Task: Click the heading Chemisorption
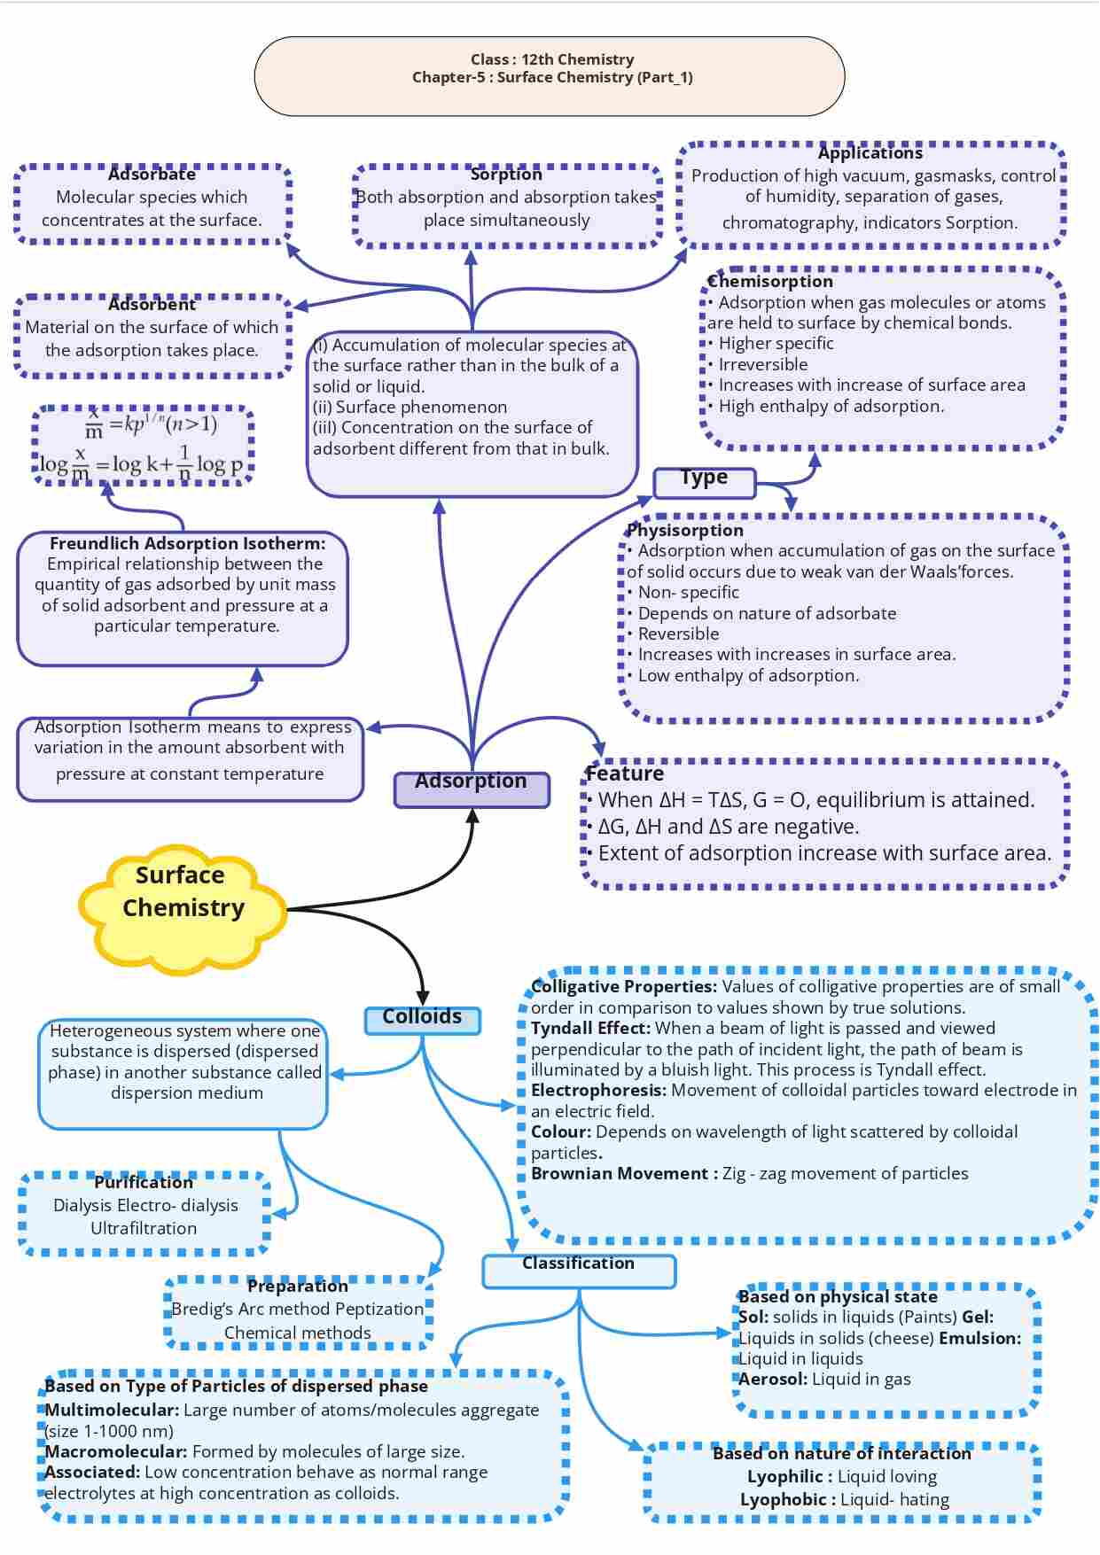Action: coord(770,282)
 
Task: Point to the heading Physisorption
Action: coord(685,530)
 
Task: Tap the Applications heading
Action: coord(870,152)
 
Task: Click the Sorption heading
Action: coord(506,174)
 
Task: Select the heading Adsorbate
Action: coord(152,174)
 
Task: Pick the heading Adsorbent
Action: coord(152,304)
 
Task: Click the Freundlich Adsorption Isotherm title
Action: coord(187,543)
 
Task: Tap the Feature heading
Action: coord(625,774)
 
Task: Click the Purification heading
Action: coord(144,1182)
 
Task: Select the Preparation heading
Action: coord(298,1286)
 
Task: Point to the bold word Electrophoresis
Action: coord(597,1091)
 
